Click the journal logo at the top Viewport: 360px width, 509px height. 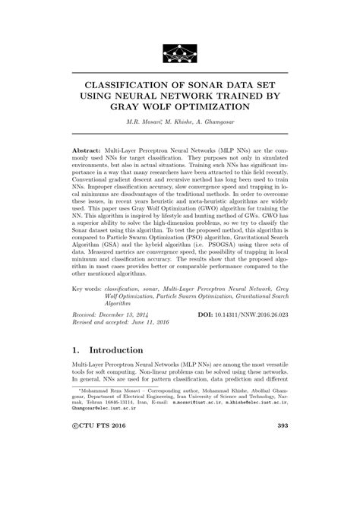click(179, 53)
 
